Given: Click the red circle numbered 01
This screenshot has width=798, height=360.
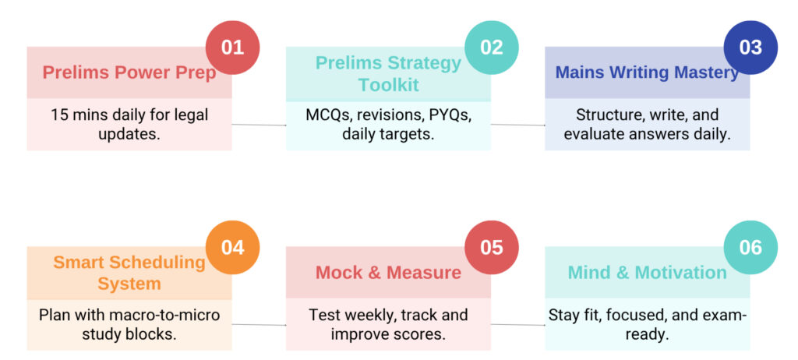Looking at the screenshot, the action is (232, 48).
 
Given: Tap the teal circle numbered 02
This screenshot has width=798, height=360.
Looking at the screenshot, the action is (492, 48).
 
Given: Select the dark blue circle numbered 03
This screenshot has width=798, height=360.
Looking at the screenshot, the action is (750, 48).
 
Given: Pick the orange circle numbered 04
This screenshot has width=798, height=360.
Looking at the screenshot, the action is (232, 248).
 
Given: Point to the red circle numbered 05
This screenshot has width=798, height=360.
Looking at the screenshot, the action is (492, 248).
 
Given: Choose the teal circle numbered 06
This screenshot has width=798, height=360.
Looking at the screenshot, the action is (750, 248).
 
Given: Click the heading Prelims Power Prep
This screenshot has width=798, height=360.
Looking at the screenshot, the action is (129, 72).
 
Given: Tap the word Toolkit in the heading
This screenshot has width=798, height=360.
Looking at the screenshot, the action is (389, 84).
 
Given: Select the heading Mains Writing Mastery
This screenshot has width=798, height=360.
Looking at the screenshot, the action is (647, 72).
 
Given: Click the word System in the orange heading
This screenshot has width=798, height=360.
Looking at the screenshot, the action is (129, 284).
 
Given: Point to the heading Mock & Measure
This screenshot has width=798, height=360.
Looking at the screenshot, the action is (388, 273).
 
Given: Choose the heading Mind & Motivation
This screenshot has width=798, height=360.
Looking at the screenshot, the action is (648, 273).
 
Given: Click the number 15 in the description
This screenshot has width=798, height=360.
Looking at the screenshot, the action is (58, 115).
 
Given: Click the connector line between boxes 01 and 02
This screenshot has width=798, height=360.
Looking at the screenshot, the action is (259, 125).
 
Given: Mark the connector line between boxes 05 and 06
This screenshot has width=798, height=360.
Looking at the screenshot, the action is (518, 325).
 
